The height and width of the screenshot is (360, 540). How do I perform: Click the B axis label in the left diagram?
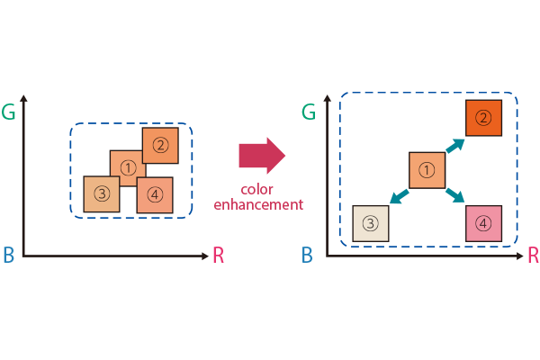9,256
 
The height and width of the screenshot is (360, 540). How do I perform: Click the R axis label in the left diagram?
218,256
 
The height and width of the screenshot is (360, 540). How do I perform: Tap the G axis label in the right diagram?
309,112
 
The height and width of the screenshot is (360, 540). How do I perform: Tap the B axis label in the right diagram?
307,256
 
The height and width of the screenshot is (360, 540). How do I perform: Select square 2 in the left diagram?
160,145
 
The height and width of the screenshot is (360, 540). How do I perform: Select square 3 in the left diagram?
102,193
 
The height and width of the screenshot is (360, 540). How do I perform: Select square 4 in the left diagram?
155,194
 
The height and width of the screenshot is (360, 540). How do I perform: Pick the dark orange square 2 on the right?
483,118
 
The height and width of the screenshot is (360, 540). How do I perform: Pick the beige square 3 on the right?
371,223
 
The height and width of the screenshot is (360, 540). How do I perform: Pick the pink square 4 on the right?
483,223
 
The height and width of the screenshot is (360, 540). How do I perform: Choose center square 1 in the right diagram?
427,170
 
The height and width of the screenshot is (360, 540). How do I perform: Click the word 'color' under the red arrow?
258,189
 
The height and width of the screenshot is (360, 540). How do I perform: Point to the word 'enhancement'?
258,204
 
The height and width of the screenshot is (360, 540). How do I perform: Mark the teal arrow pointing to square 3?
398,195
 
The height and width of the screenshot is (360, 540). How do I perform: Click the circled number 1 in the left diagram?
128,167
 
